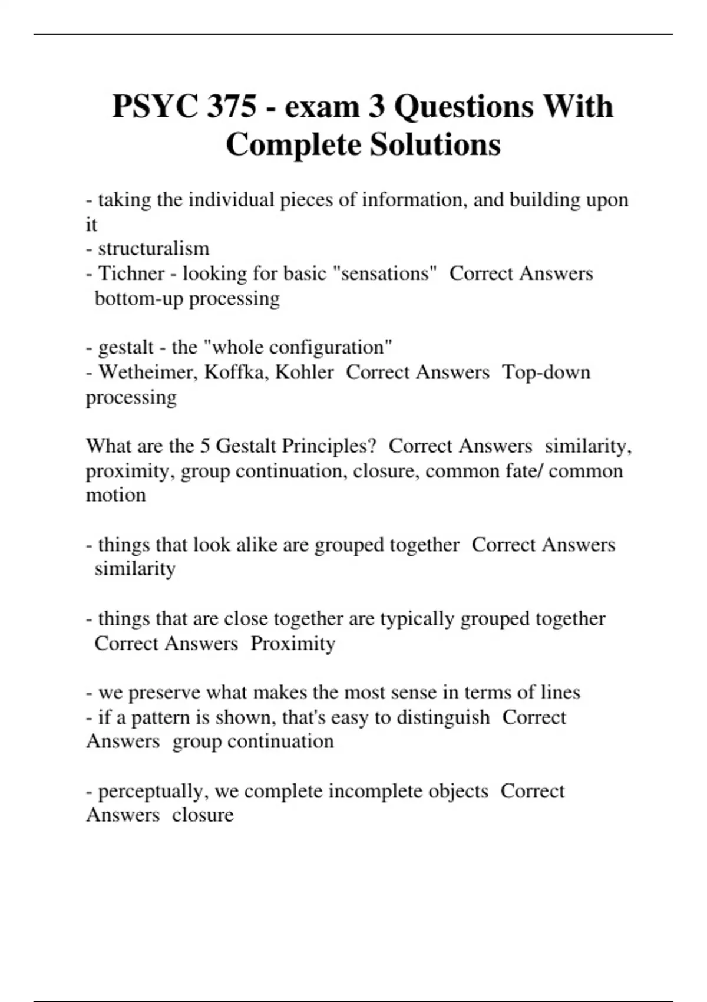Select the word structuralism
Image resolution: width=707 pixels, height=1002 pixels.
153,249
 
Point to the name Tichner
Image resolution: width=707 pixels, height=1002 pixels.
131,273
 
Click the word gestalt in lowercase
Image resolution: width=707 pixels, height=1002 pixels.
126,347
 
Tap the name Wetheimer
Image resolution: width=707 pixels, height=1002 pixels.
148,373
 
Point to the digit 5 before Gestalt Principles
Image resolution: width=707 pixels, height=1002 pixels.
205,446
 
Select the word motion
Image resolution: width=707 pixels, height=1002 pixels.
115,495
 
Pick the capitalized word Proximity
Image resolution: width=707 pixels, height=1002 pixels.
293,644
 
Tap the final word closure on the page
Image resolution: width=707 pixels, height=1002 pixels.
203,815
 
